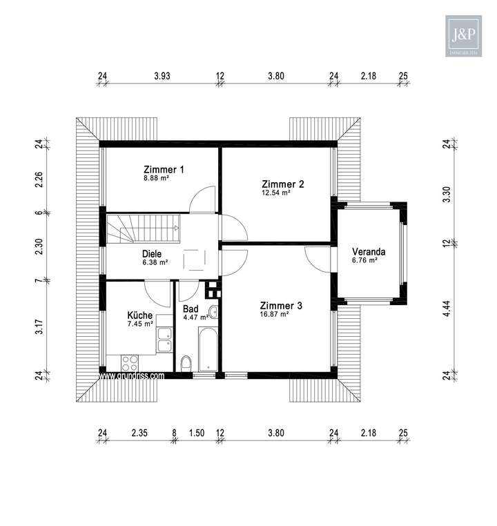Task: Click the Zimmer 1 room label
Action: (164, 169)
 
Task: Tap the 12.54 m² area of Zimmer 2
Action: (275, 193)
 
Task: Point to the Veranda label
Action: (369, 251)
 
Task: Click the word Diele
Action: (153, 253)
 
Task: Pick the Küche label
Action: (140, 314)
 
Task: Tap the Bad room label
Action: (191, 309)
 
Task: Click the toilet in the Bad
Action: (186, 364)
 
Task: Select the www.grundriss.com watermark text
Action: (132, 376)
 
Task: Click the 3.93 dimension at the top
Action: (162, 77)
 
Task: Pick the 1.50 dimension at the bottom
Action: (197, 434)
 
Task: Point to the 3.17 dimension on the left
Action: (39, 327)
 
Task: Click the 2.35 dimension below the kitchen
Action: (139, 434)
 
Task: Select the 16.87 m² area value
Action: (275, 314)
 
